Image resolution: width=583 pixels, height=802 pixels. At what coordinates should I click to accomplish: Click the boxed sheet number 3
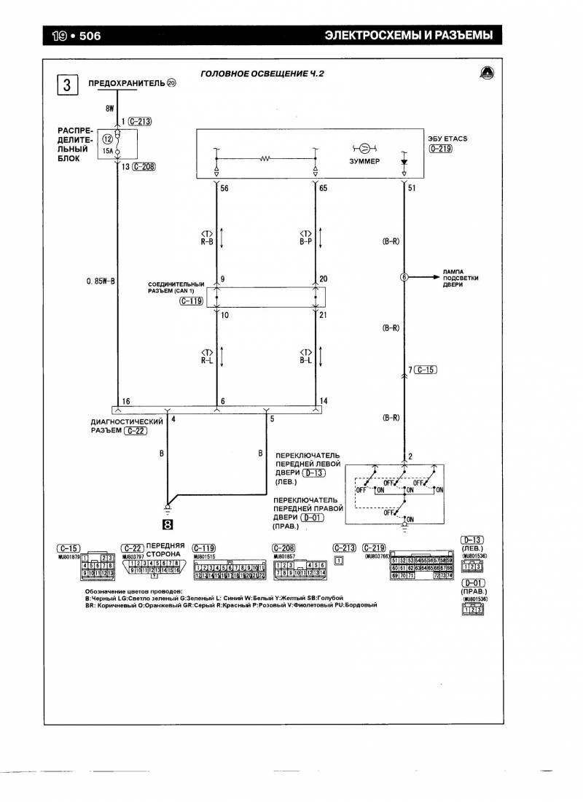[x=66, y=86]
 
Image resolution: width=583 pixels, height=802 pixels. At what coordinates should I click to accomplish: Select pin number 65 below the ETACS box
[x=323, y=187]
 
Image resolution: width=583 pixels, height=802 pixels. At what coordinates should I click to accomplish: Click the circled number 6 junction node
[x=404, y=277]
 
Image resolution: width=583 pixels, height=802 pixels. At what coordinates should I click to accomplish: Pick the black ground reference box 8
[x=168, y=522]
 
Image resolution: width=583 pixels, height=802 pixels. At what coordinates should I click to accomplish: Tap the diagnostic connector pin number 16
[x=125, y=402]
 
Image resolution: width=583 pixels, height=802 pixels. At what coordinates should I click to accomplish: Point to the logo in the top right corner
[x=486, y=72]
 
